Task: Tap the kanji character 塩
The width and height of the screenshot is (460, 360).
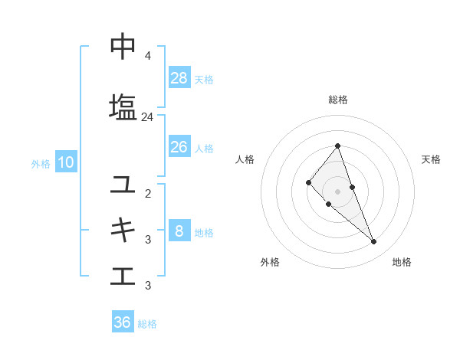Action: (123, 106)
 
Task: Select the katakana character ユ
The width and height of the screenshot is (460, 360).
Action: (123, 184)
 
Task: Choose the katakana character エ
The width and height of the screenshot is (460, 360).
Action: (123, 275)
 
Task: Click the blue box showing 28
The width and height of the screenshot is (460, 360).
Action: (179, 78)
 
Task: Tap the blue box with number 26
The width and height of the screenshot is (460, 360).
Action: (179, 147)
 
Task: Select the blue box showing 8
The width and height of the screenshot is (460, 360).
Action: (179, 231)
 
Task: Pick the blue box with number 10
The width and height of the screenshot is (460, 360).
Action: (65, 162)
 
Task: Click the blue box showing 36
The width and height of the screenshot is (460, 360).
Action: (123, 322)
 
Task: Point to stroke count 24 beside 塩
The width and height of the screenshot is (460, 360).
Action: (147, 117)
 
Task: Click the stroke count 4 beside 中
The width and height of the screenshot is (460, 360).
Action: (147, 56)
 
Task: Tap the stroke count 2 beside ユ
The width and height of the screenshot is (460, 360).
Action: (147, 193)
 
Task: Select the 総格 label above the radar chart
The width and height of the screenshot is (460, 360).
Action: (338, 100)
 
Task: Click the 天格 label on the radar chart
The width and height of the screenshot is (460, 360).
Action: (431, 159)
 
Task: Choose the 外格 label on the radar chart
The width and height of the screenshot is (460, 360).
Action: (270, 262)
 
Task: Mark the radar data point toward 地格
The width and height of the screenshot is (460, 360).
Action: (373, 242)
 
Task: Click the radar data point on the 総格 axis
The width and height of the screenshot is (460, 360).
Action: (338, 146)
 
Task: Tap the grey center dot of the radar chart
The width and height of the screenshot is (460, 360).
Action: (338, 191)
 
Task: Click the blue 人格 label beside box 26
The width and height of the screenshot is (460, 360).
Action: (204, 148)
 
